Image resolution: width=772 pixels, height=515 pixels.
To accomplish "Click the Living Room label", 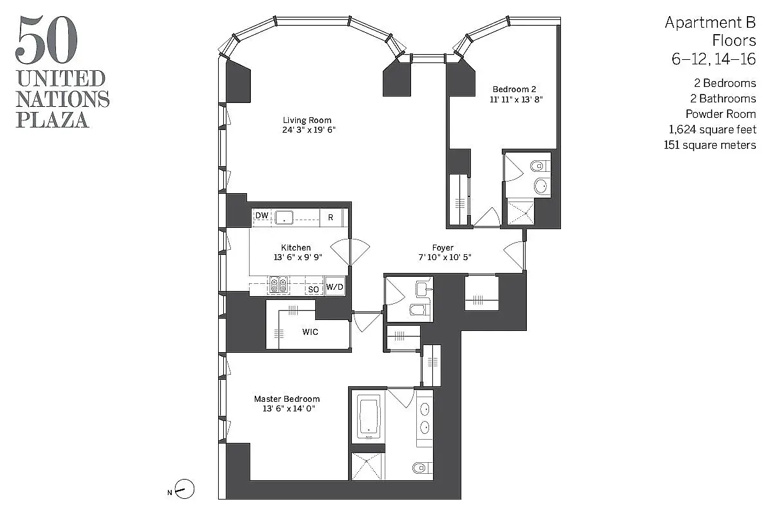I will click(x=308, y=120).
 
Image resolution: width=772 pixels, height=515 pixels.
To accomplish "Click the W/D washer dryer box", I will click(x=335, y=287).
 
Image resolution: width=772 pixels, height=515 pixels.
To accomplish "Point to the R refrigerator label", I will click(x=331, y=218).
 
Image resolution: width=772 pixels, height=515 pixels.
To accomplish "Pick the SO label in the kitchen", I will click(x=313, y=290).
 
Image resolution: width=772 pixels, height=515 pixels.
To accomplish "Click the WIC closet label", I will click(x=311, y=332).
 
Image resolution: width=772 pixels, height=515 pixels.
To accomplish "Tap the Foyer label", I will click(x=443, y=248).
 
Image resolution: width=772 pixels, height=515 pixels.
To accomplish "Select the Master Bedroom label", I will click(x=286, y=398).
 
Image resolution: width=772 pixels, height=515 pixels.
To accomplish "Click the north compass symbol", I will click(x=185, y=490).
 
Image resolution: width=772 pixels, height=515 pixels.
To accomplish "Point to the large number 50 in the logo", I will click(x=46, y=42).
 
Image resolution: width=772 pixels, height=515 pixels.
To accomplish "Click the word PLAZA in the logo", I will click(x=53, y=119).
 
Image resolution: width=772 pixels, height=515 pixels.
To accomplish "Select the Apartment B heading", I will click(x=710, y=23).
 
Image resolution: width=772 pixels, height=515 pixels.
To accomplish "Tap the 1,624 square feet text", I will click(x=712, y=129).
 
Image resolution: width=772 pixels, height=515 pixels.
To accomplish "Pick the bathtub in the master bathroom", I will click(x=369, y=416).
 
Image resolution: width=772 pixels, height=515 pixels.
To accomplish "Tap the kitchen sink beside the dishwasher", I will click(x=284, y=218).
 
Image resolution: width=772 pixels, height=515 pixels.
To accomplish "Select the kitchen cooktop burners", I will click(x=279, y=285).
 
